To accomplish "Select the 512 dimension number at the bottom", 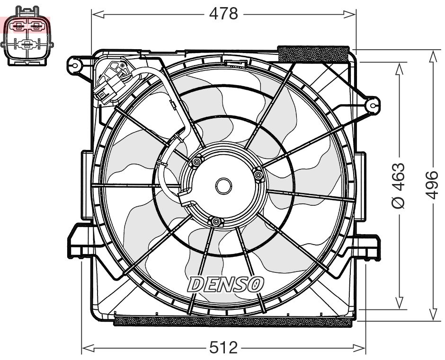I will point(223,348).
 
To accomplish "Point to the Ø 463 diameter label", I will point(399,185).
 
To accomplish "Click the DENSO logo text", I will point(226,284).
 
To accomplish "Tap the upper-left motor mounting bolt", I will point(196,163).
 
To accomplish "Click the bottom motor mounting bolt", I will point(216,221).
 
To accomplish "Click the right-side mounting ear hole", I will point(373,104).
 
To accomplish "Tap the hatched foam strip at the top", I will point(314,53).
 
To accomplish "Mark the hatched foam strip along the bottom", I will point(233,321).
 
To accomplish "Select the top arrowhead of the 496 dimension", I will point(432,54).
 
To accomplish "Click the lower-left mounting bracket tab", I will point(78,241).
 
